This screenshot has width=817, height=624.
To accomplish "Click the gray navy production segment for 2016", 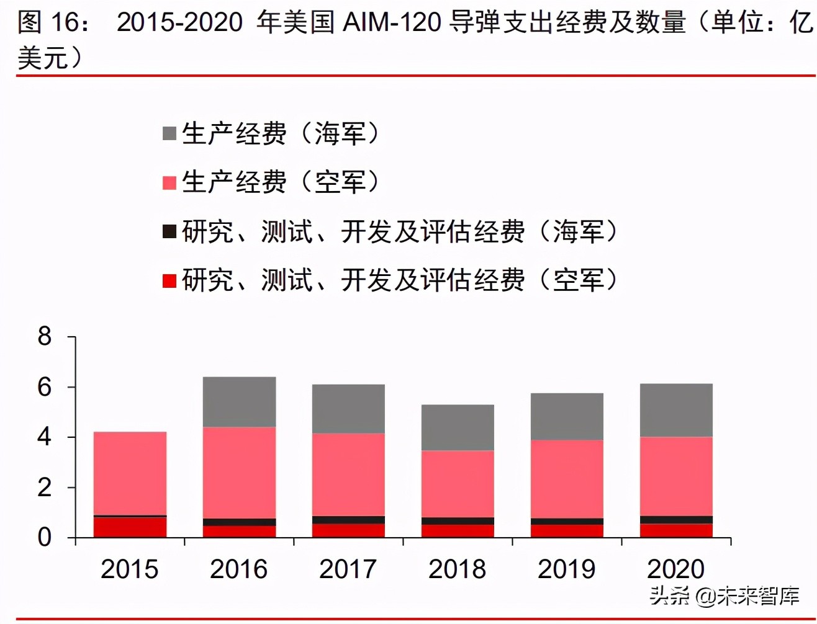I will point(239,402).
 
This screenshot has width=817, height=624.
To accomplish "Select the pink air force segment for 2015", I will point(130,473).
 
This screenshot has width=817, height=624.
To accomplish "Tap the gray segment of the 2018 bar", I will point(458,427).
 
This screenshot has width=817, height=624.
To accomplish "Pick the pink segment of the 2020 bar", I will point(676,476).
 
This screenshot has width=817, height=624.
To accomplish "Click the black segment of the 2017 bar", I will point(348,520).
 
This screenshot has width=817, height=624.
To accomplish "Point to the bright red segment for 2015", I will point(130,527).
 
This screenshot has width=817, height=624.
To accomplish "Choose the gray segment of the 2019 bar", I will point(567,417).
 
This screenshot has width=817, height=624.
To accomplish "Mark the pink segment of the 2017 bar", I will point(348,475).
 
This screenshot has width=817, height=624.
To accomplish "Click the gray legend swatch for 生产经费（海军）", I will point(169,133).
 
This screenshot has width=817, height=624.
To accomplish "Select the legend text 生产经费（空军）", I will point(281,182).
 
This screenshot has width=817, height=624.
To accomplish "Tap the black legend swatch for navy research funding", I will point(169,231).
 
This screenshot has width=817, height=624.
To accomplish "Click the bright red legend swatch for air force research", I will point(169,280).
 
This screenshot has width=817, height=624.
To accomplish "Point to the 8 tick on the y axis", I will point(45,337).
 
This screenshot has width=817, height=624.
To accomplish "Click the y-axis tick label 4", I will point(45,437).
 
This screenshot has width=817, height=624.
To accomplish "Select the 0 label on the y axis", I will point(45,538).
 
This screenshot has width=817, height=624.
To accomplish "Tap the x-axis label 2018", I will point(458,569).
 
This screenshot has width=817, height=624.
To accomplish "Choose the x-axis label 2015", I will point(130,569).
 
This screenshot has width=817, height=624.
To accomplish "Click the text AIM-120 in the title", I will point(392,23).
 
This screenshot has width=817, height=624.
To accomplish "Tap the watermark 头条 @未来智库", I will point(724,596).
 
